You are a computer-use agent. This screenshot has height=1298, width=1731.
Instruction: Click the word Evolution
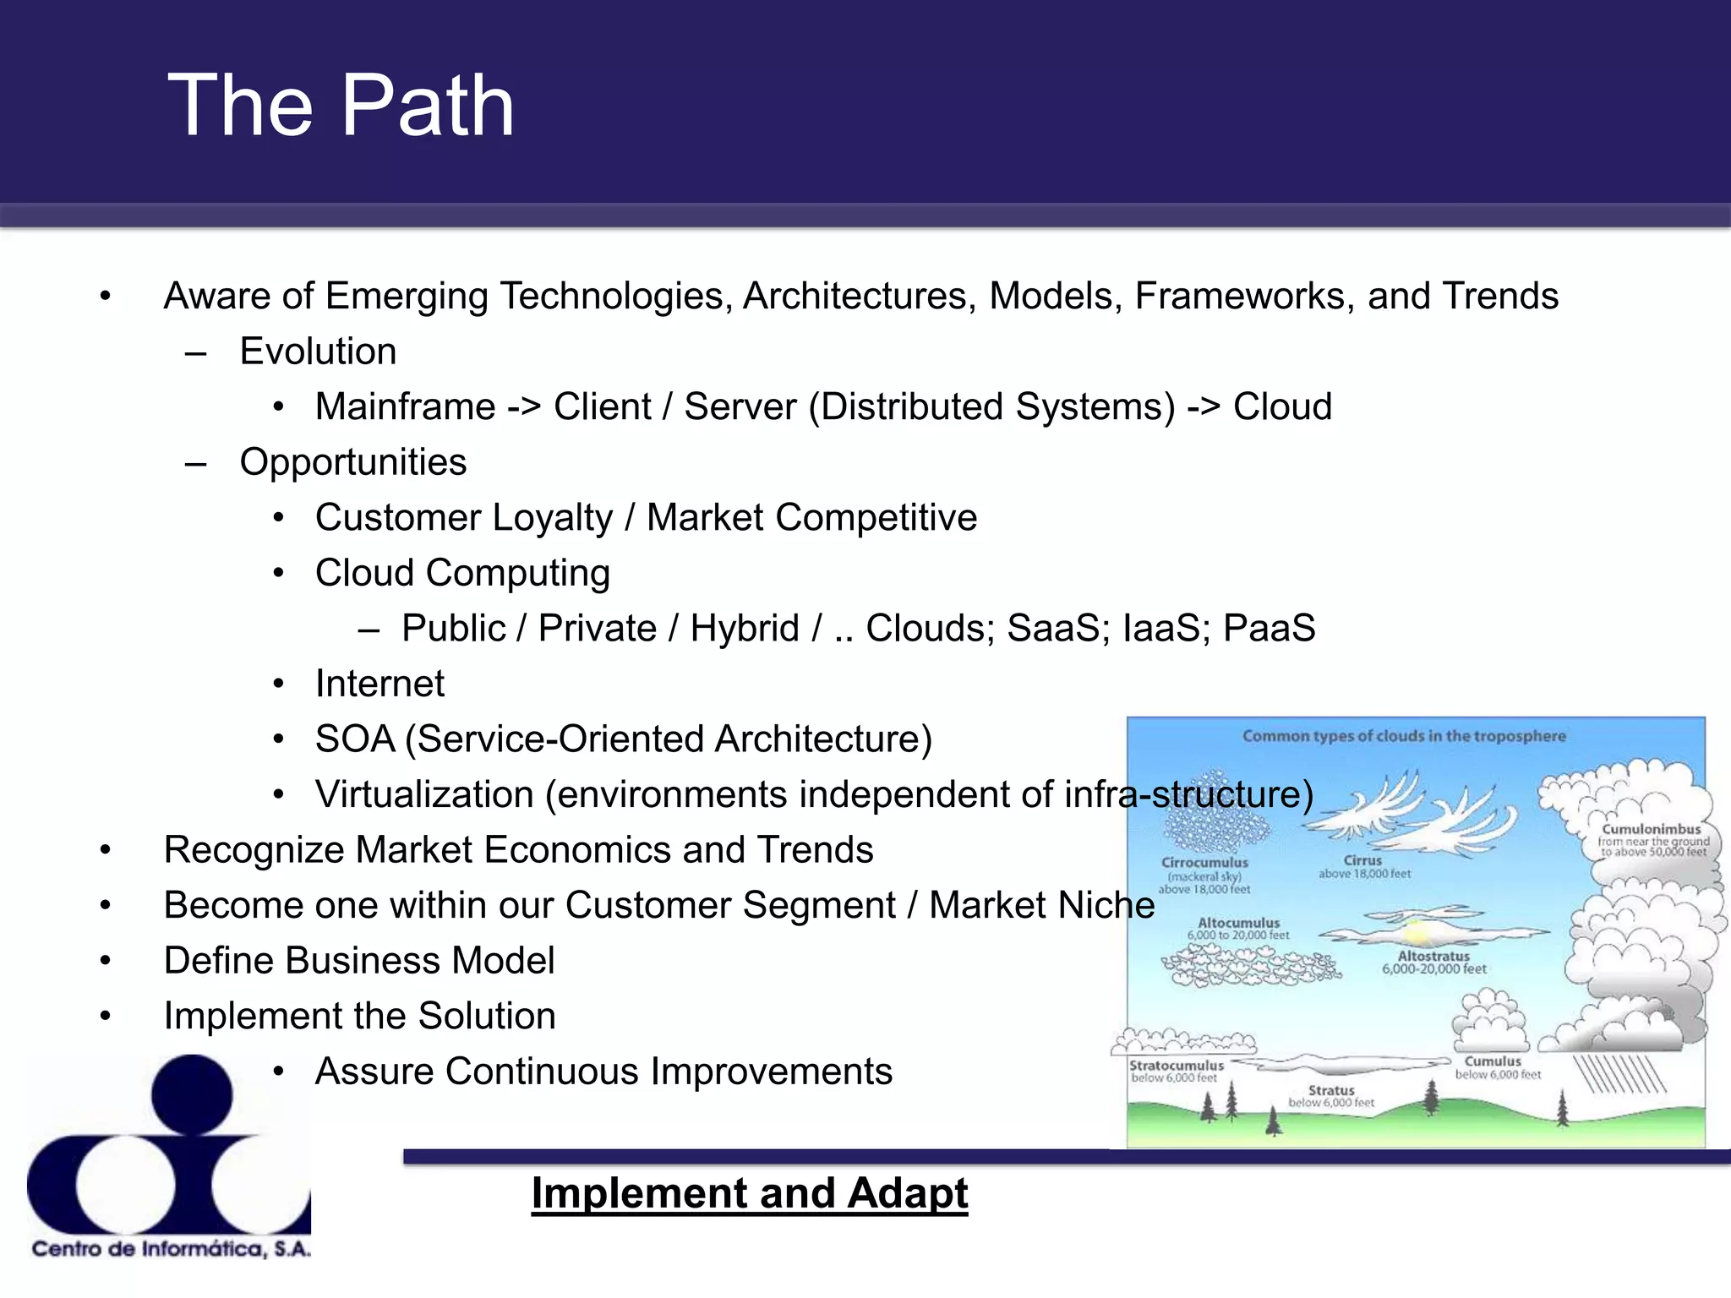click(318, 352)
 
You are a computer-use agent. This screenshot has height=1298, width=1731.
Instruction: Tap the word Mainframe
click(405, 407)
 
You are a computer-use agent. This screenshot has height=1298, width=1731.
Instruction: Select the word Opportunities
click(352, 462)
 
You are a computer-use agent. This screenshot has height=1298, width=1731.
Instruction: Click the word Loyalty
click(552, 518)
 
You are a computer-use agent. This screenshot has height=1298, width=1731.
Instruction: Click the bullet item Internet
click(380, 684)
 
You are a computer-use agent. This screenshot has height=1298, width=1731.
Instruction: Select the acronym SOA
click(355, 739)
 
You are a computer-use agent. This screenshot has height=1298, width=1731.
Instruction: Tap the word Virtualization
click(424, 795)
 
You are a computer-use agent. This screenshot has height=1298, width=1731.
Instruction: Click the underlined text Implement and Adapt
click(749, 1194)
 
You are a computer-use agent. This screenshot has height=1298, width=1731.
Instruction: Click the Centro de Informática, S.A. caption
click(172, 1249)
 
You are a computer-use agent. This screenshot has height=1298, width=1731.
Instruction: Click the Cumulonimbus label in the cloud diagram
click(1651, 830)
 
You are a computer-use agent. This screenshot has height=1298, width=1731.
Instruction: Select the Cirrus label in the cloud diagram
click(1362, 860)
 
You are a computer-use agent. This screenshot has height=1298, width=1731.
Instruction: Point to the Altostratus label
click(1433, 957)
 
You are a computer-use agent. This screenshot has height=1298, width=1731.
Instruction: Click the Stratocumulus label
click(1177, 1066)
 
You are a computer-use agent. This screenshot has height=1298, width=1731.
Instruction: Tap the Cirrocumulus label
click(1204, 863)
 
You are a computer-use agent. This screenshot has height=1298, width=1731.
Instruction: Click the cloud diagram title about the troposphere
click(1404, 736)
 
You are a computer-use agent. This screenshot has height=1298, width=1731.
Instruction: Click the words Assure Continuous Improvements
click(603, 1072)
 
